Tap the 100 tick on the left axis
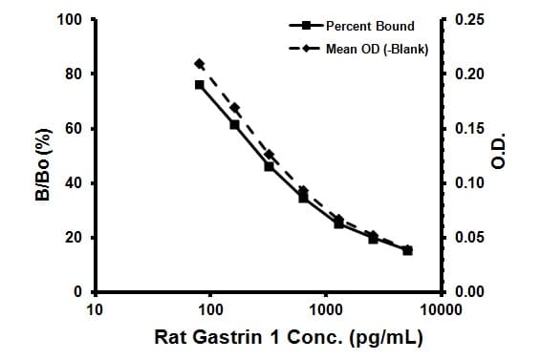71,20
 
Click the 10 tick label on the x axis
95,309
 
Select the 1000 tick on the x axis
327,309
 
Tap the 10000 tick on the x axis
443,309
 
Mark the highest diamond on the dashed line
199,63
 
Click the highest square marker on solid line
199,85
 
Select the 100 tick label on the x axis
210,309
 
